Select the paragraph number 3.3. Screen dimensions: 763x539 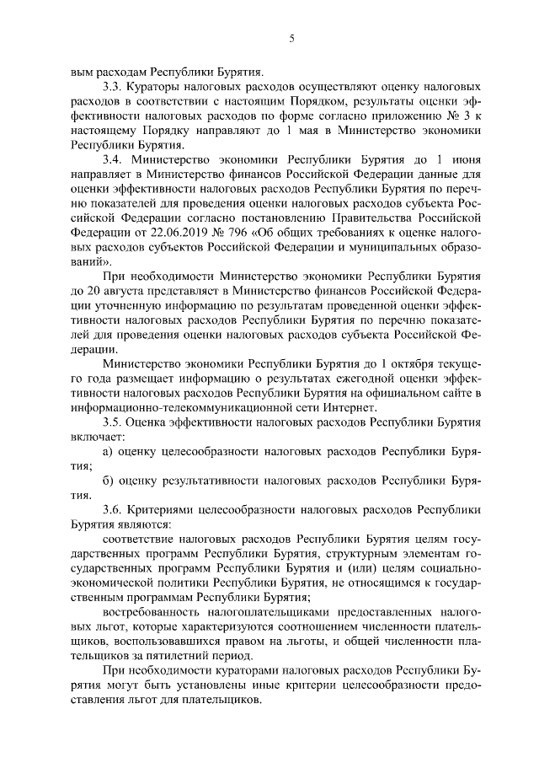point(111,87)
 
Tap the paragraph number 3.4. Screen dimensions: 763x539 point(112,159)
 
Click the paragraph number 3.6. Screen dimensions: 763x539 point(111,508)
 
